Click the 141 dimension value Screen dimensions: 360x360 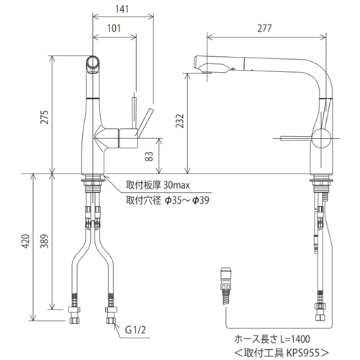point(122,9)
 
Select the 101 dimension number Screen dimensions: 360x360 point(114,28)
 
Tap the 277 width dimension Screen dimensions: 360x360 point(264,28)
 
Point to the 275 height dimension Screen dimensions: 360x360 point(45,117)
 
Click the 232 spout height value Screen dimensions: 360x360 point(180,121)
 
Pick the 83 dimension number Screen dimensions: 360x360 point(149,156)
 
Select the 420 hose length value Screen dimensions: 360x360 point(26,241)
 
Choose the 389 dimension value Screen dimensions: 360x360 point(45,241)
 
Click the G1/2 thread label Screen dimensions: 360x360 point(135,330)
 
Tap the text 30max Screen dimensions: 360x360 point(176,185)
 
